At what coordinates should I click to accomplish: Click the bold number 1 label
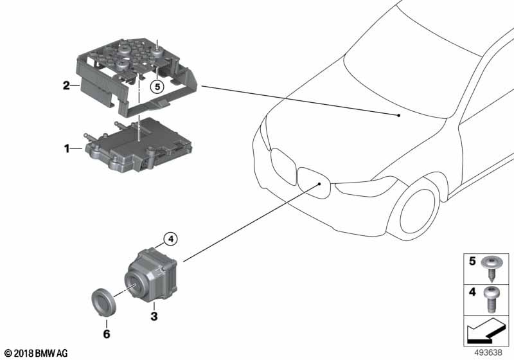67,149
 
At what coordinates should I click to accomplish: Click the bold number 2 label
67,86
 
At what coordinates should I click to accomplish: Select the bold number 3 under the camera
154,316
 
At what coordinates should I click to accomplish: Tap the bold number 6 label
107,334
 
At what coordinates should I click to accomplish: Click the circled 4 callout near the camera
170,239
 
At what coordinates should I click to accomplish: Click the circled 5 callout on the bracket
157,87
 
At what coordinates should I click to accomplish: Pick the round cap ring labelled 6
102,302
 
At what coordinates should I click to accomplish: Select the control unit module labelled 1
138,145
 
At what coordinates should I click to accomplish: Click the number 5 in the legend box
472,261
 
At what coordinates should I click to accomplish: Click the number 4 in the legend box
472,291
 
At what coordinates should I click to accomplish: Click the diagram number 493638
488,352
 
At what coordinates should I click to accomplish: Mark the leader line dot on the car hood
398,116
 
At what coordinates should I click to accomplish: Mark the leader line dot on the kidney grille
319,184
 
